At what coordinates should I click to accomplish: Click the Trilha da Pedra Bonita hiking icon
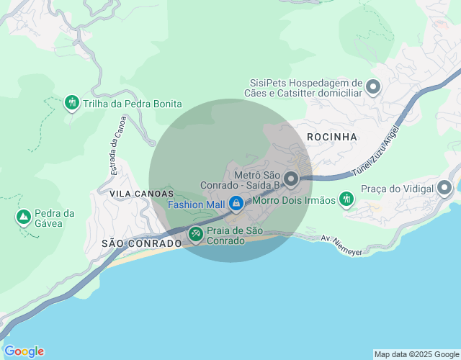point(71,103)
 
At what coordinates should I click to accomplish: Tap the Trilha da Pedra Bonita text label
point(132,104)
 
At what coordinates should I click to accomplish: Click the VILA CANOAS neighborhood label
point(142,194)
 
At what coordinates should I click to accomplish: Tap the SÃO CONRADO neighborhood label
point(141,243)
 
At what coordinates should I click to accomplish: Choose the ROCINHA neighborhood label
point(332,136)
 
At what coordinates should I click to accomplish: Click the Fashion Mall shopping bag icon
point(236,204)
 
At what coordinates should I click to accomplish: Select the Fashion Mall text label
point(196,204)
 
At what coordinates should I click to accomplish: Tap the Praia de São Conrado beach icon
point(195,234)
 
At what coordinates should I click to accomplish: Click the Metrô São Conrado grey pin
point(291,178)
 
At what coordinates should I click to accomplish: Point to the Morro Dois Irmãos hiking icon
point(346,199)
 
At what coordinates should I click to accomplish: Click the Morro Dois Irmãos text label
point(295,200)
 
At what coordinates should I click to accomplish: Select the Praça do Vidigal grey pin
point(444,189)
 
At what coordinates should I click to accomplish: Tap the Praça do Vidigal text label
point(397,189)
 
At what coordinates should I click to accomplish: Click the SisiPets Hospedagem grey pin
point(373,88)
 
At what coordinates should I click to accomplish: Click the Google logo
point(24,351)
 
